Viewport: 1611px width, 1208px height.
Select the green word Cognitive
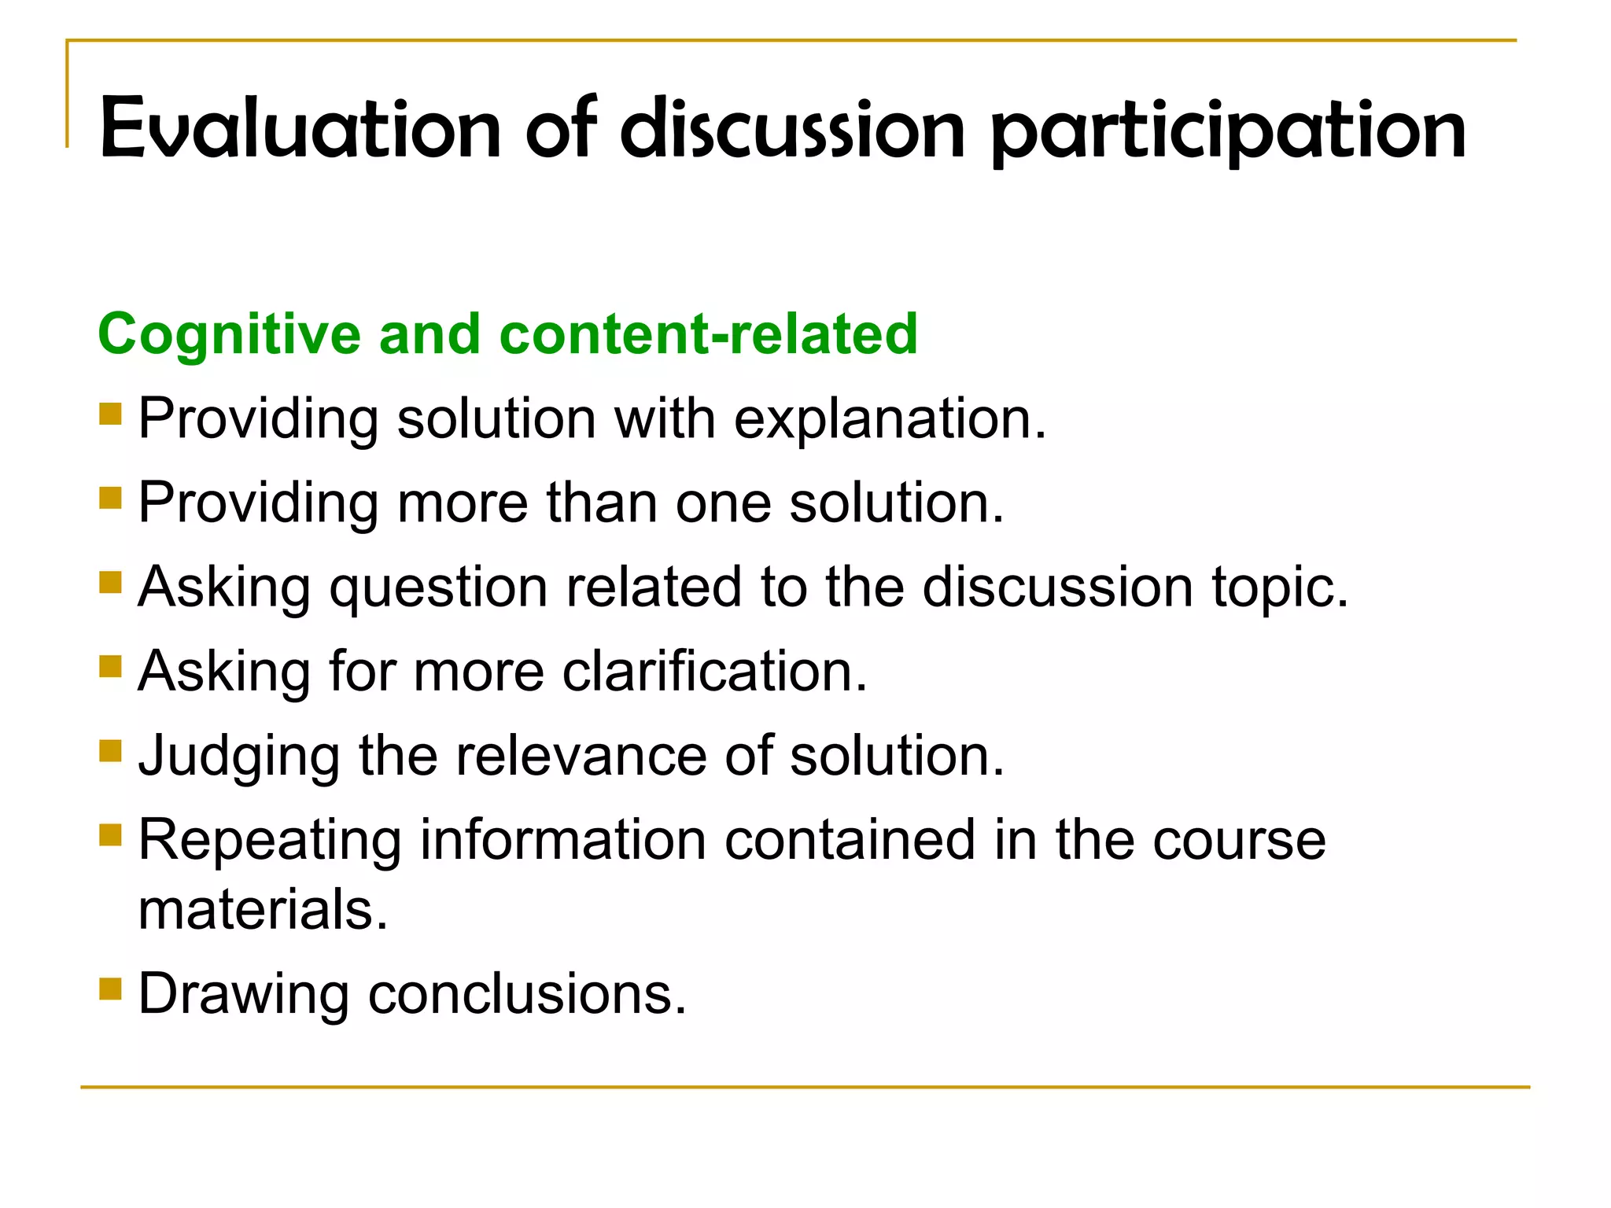coord(229,334)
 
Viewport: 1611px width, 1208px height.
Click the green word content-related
coord(708,334)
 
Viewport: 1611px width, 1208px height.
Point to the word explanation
coord(890,419)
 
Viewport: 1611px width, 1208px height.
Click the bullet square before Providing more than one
coord(111,499)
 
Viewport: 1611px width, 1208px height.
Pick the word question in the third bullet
coord(438,587)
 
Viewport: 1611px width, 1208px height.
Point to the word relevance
coord(581,756)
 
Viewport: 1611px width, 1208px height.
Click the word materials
coord(263,910)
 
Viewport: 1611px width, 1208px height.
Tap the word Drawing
coord(243,994)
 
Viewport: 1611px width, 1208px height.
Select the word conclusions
coord(527,994)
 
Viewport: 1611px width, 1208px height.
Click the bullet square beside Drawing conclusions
coord(111,989)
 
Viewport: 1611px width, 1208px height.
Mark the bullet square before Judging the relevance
coord(111,751)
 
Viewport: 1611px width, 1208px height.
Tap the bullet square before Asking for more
coord(111,667)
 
